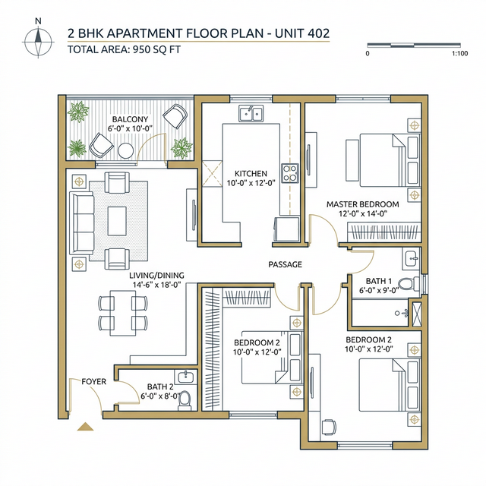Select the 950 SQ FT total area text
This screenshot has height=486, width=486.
click(151, 50)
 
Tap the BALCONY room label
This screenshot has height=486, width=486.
click(130, 120)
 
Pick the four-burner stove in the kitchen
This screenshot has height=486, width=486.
click(289, 172)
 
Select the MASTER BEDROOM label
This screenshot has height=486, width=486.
click(362, 204)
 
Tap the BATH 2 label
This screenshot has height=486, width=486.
click(159, 387)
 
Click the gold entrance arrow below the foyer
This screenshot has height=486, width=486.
click(84, 427)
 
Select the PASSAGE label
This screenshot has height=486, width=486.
click(285, 264)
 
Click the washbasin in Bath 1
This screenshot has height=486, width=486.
click(410, 256)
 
